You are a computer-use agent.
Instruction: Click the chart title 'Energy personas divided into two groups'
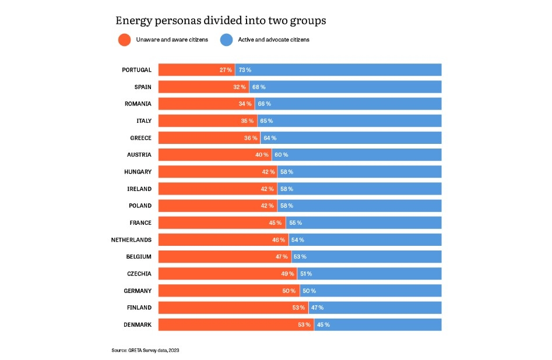pyautogui.click(x=220, y=20)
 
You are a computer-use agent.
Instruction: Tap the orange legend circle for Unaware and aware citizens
pyautogui.click(x=124, y=40)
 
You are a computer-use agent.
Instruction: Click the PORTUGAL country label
pyautogui.click(x=136, y=70)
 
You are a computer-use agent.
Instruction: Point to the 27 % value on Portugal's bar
pyautogui.click(x=226, y=70)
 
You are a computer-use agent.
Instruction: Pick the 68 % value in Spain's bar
pyautogui.click(x=259, y=87)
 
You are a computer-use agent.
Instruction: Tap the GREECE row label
pyautogui.click(x=140, y=138)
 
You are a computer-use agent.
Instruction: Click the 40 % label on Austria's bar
pyautogui.click(x=262, y=155)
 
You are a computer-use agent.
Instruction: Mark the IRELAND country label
pyautogui.click(x=139, y=189)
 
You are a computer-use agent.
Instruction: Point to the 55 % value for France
pyautogui.click(x=296, y=223)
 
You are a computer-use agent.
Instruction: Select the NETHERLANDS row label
pyautogui.click(x=131, y=239)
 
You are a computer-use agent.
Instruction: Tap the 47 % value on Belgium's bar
pyautogui.click(x=282, y=256)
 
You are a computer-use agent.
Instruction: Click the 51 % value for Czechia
pyautogui.click(x=305, y=274)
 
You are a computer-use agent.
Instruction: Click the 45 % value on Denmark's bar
pyautogui.click(x=323, y=324)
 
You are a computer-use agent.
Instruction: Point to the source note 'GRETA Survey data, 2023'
pyautogui.click(x=149, y=350)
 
